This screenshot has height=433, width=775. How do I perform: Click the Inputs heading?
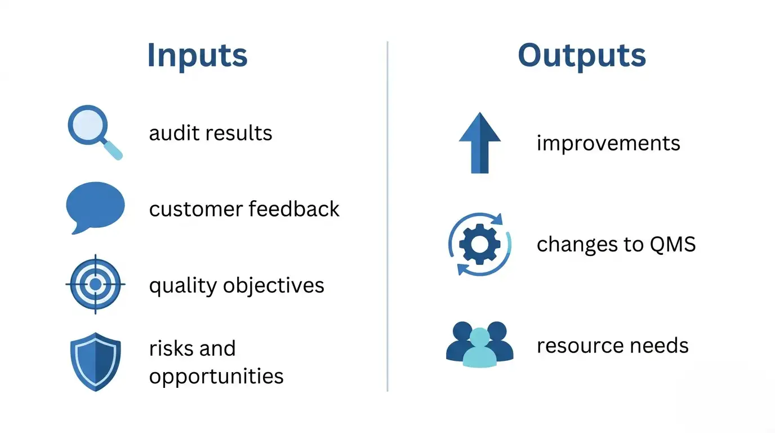coord(197,55)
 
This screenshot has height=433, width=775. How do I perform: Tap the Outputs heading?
coord(582,55)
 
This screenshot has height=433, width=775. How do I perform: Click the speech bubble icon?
coord(95,206)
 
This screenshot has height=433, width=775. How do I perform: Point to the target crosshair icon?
coord(95,284)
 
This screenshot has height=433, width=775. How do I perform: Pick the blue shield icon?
coord(95,361)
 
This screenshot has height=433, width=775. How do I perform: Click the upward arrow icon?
coord(479,143)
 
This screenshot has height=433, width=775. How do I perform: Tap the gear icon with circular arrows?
coord(479,244)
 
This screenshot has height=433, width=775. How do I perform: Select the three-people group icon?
coord(479,344)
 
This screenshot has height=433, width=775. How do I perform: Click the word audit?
coord(173,134)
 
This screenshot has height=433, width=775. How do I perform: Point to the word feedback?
coord(293,209)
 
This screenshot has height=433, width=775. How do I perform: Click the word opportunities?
coord(216,377)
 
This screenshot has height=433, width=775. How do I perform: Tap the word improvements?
coord(608,143)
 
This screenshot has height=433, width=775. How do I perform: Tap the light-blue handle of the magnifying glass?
coord(114,151)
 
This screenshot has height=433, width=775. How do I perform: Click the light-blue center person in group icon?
coord(479,350)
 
